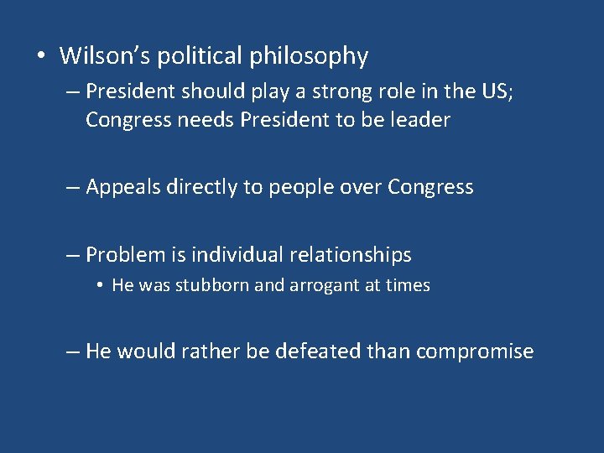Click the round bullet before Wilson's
[x=40, y=57]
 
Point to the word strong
[x=320, y=91]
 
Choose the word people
[x=294, y=188]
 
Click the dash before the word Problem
[x=73, y=254]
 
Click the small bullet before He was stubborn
[x=99, y=286]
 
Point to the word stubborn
[x=212, y=285]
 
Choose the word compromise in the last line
[x=474, y=351]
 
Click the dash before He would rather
[x=73, y=351]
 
